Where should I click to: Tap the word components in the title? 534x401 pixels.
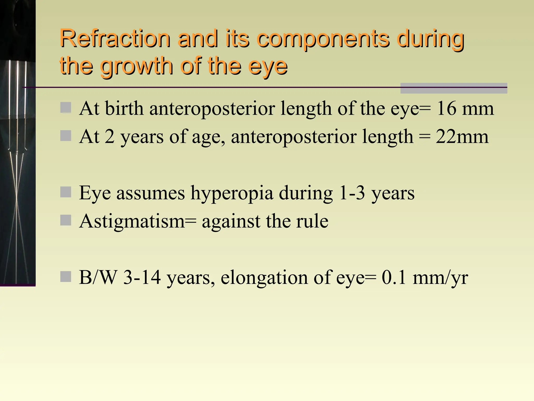point(323,39)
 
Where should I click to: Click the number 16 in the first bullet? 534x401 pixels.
point(446,108)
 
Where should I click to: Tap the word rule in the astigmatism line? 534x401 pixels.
point(312,221)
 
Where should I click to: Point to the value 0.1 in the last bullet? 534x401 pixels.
point(394,277)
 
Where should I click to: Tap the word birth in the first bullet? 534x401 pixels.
point(124,108)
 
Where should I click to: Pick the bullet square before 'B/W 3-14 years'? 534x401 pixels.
point(65,276)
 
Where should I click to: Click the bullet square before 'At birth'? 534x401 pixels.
point(65,108)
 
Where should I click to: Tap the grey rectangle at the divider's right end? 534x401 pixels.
point(453,88)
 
